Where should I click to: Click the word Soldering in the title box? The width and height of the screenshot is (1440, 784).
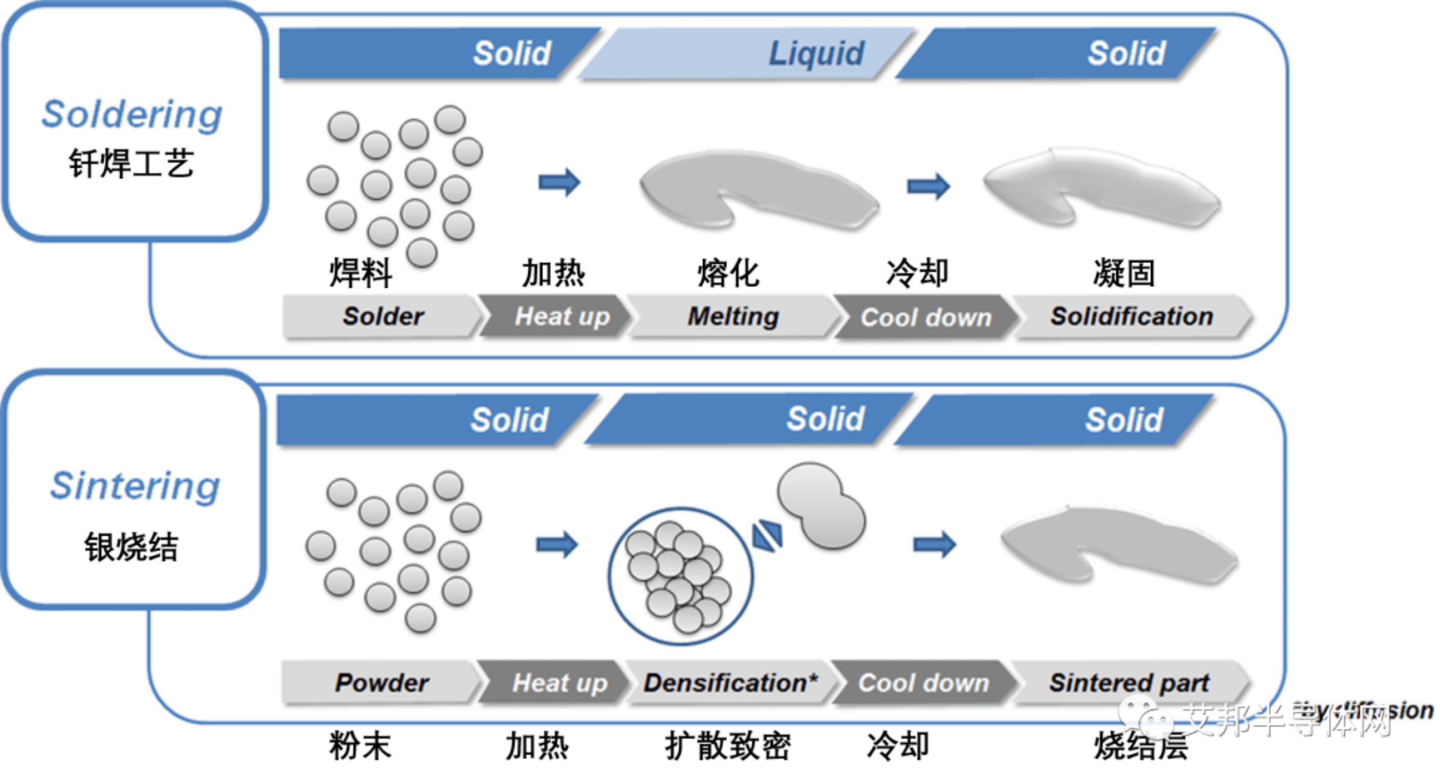(132, 114)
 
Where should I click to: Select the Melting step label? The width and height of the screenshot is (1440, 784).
(733, 316)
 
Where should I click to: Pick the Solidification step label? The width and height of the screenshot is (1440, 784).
(1131, 316)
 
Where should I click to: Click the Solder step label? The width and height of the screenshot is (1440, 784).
(383, 316)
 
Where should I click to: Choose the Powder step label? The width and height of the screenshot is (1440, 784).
(382, 682)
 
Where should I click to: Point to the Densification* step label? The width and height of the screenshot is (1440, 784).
(730, 682)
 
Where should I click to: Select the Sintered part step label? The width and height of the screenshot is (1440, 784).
(1128, 682)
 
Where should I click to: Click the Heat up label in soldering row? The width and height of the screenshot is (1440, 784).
(562, 316)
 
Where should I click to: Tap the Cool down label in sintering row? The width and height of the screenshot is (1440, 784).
(924, 682)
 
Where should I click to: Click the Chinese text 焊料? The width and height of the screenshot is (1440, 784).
(361, 273)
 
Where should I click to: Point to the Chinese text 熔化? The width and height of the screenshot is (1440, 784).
(728, 273)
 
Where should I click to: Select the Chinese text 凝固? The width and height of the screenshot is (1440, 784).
(1124, 273)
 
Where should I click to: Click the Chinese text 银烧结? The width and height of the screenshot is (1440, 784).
(132, 547)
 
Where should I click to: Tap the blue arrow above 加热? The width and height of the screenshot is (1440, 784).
(559, 182)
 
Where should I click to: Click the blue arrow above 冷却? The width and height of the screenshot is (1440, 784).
(928, 186)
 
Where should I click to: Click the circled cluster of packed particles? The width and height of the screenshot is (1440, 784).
(680, 576)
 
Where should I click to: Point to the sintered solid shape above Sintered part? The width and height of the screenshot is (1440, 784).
(1118, 545)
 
